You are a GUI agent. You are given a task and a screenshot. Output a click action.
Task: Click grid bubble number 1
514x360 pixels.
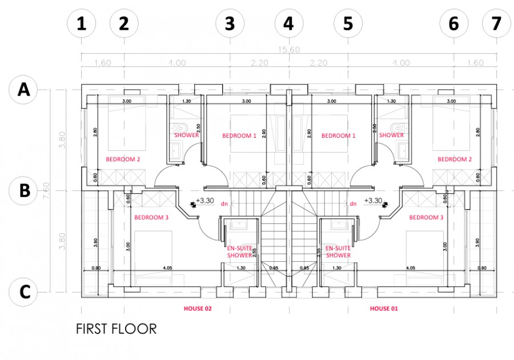click(81, 23)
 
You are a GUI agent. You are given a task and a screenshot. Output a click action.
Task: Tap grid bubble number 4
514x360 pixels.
click(289, 23)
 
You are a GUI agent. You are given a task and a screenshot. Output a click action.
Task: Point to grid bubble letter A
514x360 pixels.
click(24, 89)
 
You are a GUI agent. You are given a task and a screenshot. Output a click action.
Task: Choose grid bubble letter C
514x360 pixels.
click(24, 291)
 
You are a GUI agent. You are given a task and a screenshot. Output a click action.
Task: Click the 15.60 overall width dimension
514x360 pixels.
click(288, 50)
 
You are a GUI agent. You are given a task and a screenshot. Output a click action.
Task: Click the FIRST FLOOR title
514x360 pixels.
click(116, 329)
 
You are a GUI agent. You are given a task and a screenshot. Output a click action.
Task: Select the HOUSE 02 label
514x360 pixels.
click(198, 309)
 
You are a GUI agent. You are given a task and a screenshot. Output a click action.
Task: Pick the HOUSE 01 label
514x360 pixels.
click(384, 309)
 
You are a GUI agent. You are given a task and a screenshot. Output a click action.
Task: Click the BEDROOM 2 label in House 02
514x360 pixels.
click(123, 159)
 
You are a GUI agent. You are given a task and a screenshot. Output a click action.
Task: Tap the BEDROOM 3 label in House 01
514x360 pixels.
click(426, 218)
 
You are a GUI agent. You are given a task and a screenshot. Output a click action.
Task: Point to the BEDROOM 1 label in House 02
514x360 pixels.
click(239, 135)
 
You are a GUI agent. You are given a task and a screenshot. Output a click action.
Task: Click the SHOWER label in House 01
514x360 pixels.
click(391, 135)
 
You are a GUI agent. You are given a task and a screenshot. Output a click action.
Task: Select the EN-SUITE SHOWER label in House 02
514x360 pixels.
click(239, 251)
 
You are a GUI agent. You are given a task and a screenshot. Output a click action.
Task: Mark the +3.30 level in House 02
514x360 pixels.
click(204, 201)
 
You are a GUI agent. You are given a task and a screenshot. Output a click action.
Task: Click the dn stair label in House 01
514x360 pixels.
click(353, 203)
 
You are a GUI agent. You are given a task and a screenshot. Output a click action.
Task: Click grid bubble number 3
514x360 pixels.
click(229, 23)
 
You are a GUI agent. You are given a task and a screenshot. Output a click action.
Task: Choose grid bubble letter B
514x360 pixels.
click(24, 190)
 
